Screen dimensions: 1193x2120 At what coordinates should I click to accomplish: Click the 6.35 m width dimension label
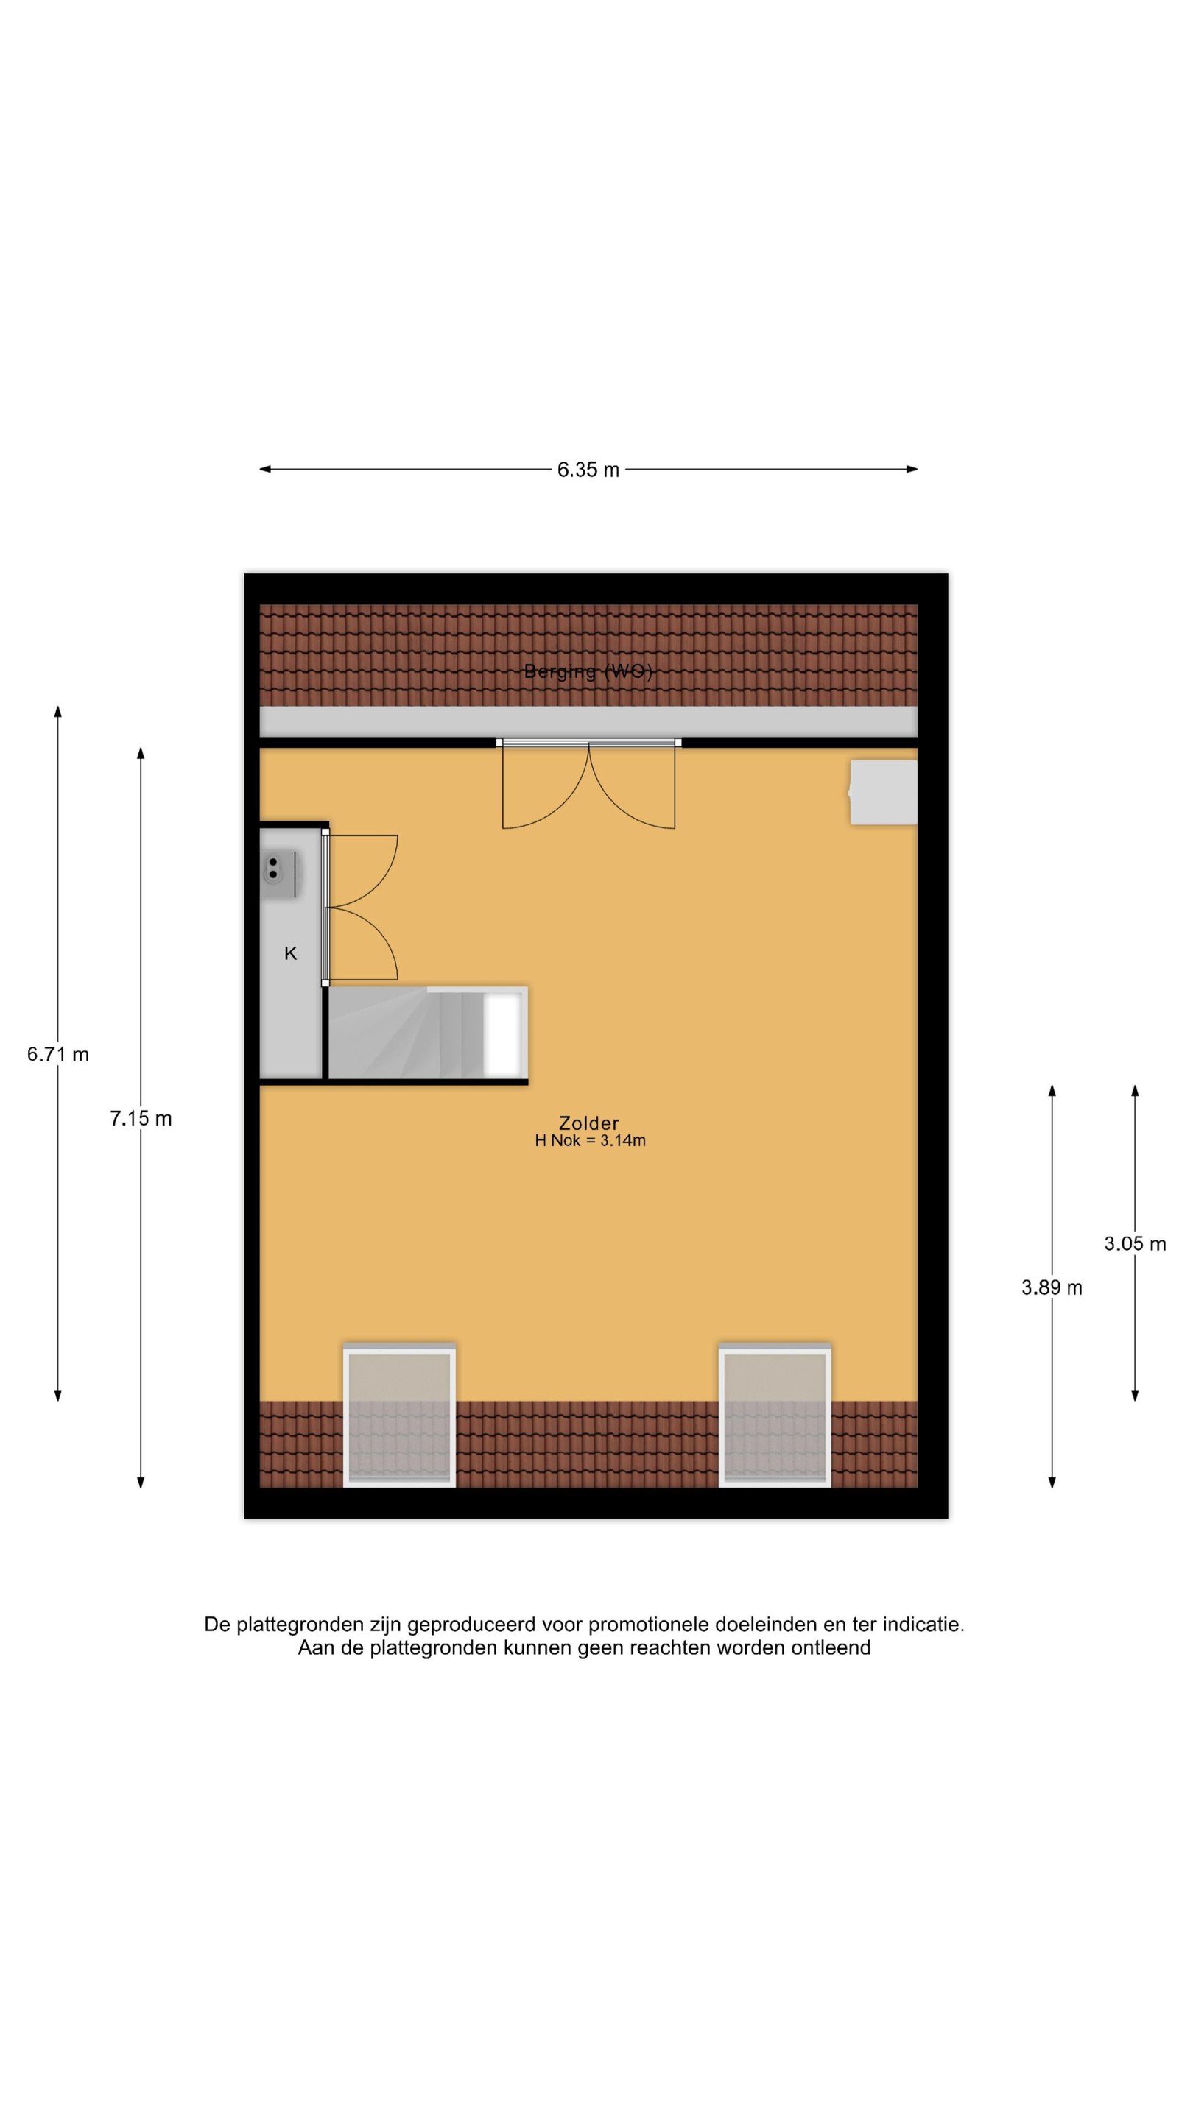[x=588, y=470]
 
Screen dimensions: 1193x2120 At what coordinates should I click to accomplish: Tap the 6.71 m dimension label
[x=57, y=1054]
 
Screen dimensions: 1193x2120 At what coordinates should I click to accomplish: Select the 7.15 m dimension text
[x=141, y=1118]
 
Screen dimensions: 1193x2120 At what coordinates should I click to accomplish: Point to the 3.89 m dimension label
[x=1052, y=1288]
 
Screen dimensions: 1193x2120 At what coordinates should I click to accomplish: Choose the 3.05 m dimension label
[x=1135, y=1243]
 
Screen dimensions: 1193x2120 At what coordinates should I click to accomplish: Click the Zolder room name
[x=588, y=1123]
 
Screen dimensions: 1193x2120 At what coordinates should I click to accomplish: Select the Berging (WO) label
[x=588, y=671]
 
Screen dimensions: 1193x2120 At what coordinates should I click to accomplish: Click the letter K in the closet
[x=290, y=954]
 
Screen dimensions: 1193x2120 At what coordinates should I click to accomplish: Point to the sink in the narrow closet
[x=279, y=875]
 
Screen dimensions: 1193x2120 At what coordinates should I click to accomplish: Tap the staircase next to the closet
[x=427, y=1033]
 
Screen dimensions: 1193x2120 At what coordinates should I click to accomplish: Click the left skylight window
[x=399, y=1416]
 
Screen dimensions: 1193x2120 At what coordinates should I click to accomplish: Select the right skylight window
[x=775, y=1416]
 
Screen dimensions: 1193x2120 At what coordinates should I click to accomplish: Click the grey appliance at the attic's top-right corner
[x=884, y=792]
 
